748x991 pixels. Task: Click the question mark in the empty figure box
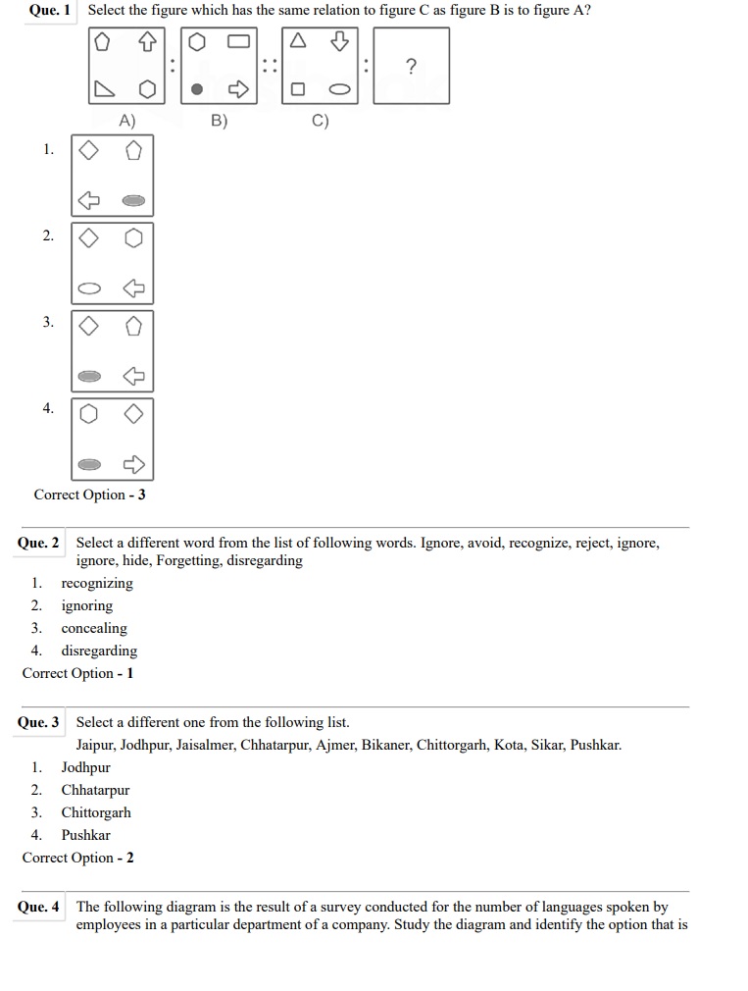pos(411,66)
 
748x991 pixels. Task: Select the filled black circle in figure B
pos(197,90)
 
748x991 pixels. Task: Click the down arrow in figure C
pos(340,42)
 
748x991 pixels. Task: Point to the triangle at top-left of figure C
pos(299,42)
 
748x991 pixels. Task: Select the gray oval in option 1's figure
pos(133,201)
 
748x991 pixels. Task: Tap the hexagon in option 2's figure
pos(134,238)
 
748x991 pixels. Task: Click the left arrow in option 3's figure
pos(133,375)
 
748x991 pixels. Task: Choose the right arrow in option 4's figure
pos(133,463)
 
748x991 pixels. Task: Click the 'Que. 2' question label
pos(38,543)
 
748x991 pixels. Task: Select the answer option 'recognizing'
pos(97,583)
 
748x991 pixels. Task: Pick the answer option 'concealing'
pos(94,628)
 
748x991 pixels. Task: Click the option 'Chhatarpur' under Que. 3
pos(95,790)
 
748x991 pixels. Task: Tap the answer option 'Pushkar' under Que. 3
pos(86,835)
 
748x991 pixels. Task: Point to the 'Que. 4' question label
pos(38,907)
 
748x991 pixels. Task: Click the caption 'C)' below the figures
pos(320,121)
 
